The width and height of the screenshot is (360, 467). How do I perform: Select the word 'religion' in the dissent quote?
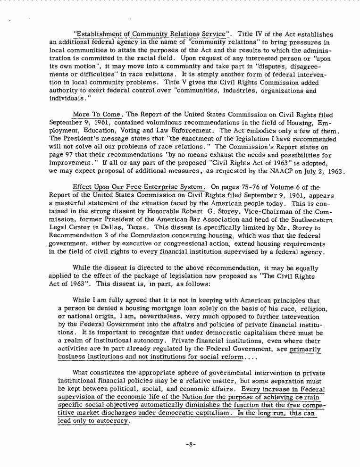pos(312,309)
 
